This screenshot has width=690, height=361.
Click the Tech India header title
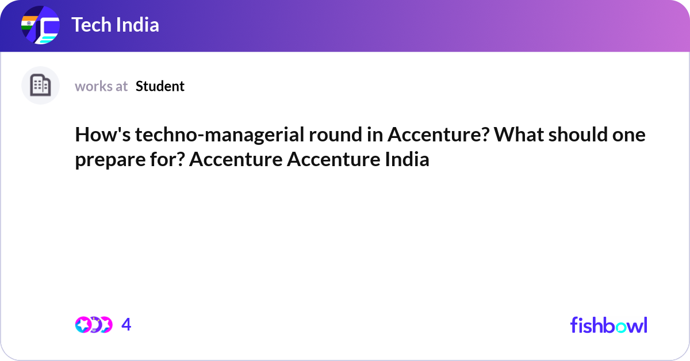[x=116, y=25]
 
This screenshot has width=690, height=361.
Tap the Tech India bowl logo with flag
[x=40, y=26]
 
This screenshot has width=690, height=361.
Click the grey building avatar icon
[x=40, y=86]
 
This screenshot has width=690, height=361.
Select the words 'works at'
[x=101, y=86]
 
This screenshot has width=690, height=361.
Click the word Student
[x=160, y=86]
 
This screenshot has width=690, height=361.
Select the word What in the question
[x=516, y=135]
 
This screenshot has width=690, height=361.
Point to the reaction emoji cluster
[x=94, y=325]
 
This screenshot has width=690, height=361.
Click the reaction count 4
[x=126, y=325]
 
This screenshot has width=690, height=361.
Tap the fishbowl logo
[x=608, y=325]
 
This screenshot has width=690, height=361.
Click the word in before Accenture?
[x=375, y=135]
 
